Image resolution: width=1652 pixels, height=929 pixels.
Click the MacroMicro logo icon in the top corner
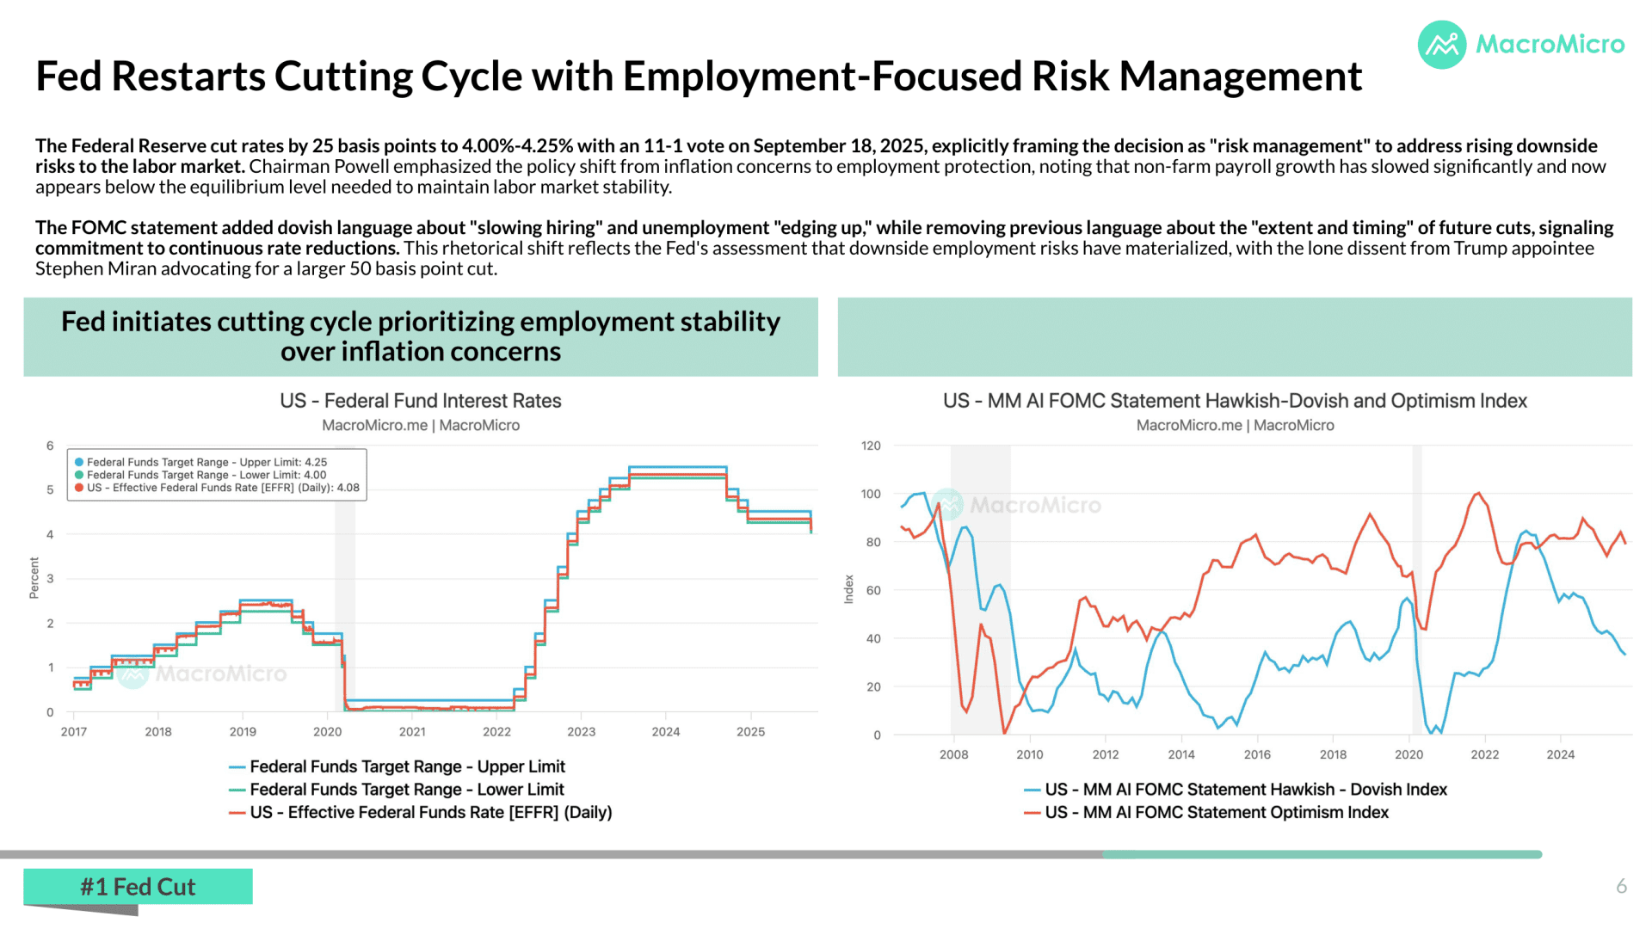tap(1442, 45)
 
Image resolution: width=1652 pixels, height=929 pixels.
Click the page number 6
tap(1621, 886)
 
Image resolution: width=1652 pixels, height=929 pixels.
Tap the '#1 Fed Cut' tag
tap(138, 887)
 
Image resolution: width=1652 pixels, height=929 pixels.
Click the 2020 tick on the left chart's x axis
tap(327, 732)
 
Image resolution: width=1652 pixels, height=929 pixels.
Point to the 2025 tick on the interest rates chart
tap(750, 732)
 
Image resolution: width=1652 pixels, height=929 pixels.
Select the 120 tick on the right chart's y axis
tap(871, 446)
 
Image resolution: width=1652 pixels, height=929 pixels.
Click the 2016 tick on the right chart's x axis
tap(1257, 754)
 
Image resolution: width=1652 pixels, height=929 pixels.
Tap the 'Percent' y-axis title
tap(34, 578)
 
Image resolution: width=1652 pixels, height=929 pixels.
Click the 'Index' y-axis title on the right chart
tap(848, 589)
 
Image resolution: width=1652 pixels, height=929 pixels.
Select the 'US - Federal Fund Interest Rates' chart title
tap(421, 401)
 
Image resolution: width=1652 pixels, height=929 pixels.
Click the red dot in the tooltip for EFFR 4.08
tap(79, 488)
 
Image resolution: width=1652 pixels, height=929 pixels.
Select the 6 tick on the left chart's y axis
tap(50, 446)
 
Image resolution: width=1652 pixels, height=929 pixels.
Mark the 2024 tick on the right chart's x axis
tap(1561, 754)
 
